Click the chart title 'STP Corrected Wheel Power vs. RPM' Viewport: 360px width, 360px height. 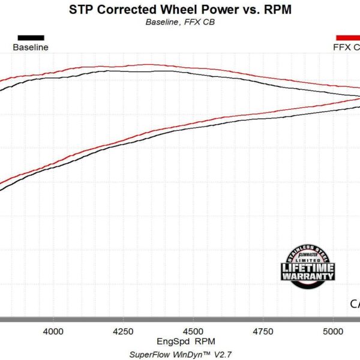(x=179, y=10)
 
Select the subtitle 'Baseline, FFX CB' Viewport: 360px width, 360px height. (x=180, y=23)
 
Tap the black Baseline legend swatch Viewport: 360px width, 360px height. (x=31, y=37)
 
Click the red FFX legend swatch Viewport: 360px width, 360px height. (x=349, y=37)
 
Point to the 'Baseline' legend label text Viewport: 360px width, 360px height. (x=31, y=47)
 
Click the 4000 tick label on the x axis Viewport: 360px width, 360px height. (x=53, y=331)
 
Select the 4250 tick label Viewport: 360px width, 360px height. (x=123, y=331)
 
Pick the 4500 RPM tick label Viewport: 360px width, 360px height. (x=193, y=331)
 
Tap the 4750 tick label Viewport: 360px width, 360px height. (x=262, y=331)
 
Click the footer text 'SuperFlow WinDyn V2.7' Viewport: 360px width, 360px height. (x=179, y=353)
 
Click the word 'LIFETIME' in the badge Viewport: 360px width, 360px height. (x=308, y=268)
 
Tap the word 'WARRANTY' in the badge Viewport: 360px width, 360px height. (x=308, y=277)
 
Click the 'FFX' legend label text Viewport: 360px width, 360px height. (x=342, y=47)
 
